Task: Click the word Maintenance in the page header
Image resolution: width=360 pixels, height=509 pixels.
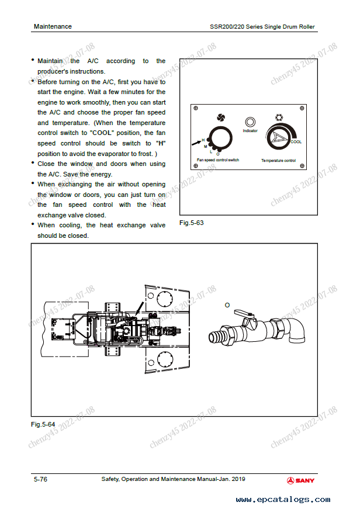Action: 53,27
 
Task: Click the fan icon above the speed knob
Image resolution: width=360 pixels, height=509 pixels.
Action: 221,117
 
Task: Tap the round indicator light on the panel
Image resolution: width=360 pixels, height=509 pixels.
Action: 250,122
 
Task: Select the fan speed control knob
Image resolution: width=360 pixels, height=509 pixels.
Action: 220,138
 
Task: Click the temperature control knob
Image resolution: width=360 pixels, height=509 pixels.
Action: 278,138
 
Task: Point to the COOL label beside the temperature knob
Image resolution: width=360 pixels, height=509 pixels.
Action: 296,142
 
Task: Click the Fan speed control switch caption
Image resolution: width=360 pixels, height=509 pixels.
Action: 218,160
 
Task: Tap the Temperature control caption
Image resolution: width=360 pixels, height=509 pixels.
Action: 279,160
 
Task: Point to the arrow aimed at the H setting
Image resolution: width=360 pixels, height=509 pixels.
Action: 196,143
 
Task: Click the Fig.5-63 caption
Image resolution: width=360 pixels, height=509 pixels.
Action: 192,223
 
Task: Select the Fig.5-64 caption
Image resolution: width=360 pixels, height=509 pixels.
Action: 43,424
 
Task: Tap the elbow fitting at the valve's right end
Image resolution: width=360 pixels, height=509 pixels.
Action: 295,330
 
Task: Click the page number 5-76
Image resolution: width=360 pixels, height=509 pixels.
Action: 40,479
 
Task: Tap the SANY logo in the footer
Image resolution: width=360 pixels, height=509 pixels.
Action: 300,480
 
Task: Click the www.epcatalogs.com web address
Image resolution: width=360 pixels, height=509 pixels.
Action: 283,500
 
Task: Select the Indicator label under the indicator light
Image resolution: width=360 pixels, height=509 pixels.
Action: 250,131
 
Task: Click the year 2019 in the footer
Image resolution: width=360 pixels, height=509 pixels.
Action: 238,479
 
